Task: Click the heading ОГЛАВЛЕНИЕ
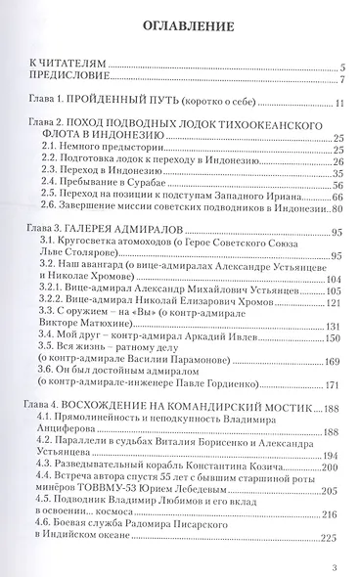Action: pos(180,23)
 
